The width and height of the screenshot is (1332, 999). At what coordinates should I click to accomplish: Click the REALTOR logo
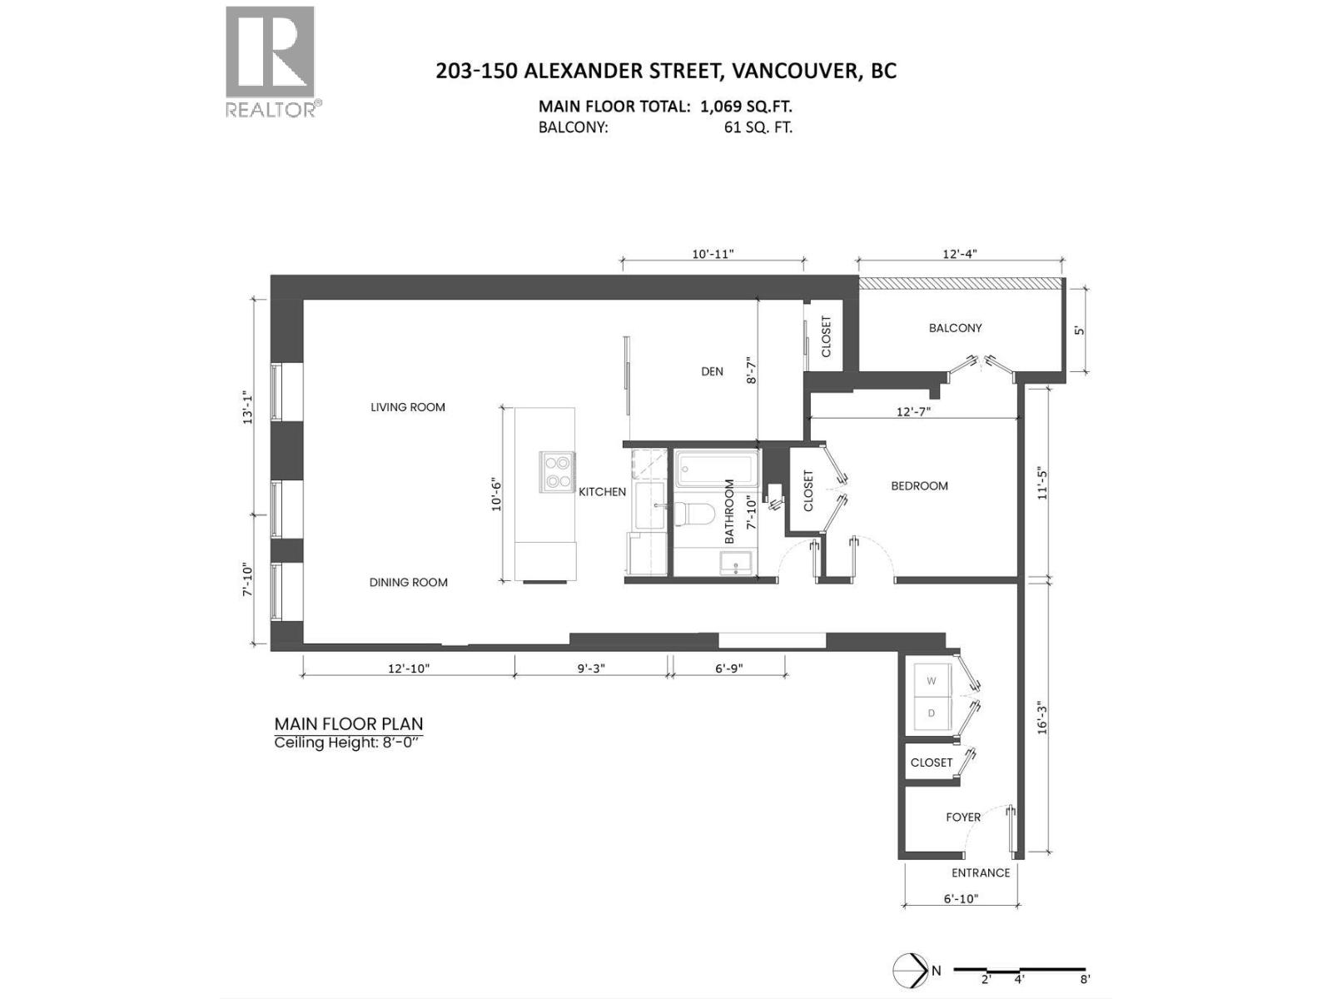[x=271, y=62]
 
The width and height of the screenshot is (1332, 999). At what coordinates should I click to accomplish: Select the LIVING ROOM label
[x=408, y=407]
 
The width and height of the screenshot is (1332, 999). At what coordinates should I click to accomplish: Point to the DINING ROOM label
[x=408, y=583]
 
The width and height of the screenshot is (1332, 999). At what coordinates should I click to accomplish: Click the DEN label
[x=712, y=371]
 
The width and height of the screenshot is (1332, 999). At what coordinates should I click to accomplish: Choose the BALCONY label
[x=955, y=328]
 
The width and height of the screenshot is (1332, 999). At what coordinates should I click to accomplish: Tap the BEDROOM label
[x=919, y=486]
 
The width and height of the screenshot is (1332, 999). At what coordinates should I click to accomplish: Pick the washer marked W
[x=932, y=681]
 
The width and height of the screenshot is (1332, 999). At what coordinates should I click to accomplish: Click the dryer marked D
[x=932, y=713]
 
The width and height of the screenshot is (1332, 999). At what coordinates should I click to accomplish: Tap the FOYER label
[x=962, y=818]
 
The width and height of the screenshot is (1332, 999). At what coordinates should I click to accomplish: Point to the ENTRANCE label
[x=980, y=873]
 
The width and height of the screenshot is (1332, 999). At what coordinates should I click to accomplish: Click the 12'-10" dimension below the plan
[x=408, y=668]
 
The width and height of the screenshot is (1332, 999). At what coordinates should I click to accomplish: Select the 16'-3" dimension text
[x=1041, y=716]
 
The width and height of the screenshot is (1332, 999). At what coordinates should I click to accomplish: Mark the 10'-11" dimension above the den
[x=713, y=254]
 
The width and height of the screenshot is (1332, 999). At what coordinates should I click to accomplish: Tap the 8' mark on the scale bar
[x=1084, y=980]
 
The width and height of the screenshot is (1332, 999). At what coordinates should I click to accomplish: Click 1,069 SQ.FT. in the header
[x=746, y=107]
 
